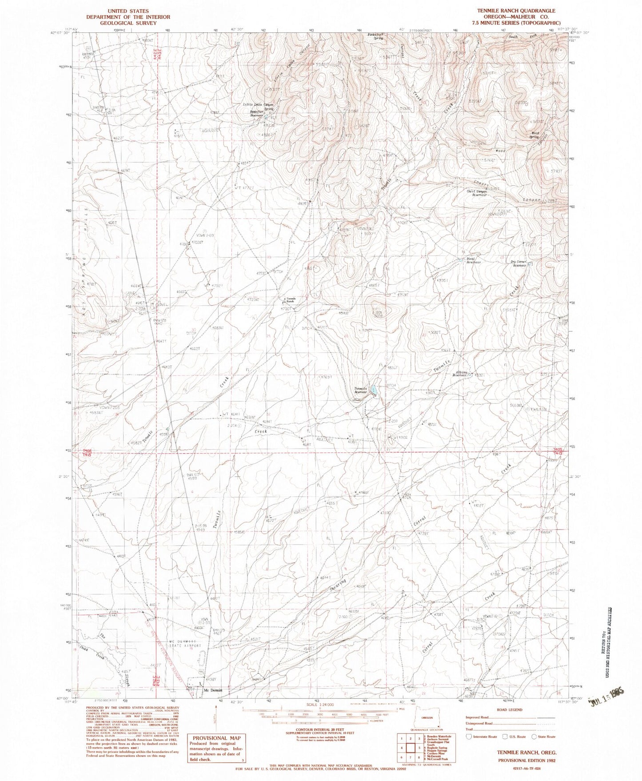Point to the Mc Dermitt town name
(211, 690)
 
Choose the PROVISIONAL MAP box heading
(216, 737)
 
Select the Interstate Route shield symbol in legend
(469, 736)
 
